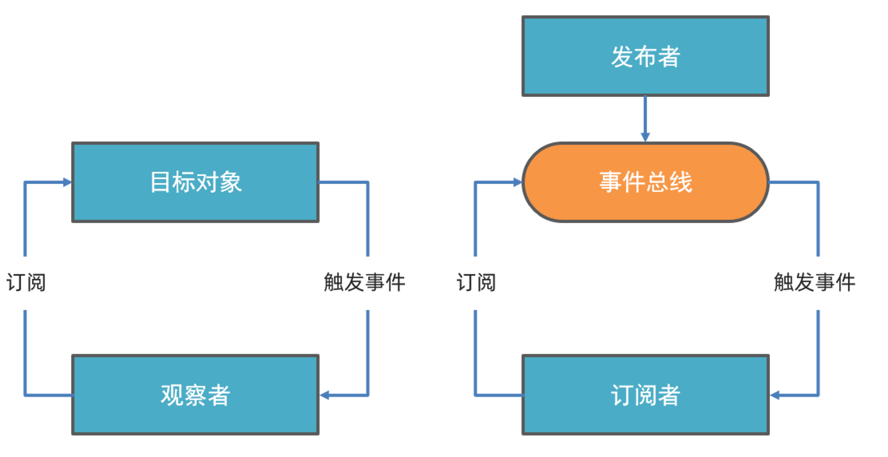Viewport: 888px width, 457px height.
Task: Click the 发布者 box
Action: coord(645,56)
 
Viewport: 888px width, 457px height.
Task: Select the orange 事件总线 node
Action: coord(645,182)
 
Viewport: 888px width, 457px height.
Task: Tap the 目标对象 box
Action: coord(195,182)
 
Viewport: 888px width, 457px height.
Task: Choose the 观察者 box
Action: coord(195,395)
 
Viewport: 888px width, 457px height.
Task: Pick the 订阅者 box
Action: coord(645,395)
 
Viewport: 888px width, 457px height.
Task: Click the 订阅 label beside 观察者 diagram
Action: coord(26,283)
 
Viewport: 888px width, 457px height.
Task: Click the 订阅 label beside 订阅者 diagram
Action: coord(476,283)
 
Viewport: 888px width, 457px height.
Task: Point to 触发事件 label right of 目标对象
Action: coord(364,283)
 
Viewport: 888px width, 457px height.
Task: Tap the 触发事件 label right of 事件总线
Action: coord(814,283)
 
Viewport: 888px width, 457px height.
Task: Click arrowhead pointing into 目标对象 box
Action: coord(67,182)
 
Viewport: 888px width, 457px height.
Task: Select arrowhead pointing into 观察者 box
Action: coord(324,395)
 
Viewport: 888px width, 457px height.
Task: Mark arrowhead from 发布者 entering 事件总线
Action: coord(645,137)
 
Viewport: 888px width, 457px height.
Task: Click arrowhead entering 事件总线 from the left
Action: coord(518,182)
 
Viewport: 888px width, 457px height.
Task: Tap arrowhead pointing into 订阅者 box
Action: coord(774,395)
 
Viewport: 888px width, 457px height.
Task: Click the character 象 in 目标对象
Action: coord(231,182)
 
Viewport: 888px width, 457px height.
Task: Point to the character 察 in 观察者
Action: coord(195,395)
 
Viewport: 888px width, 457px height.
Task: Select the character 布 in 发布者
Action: coord(645,56)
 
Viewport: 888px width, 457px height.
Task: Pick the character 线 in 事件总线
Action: coord(681,182)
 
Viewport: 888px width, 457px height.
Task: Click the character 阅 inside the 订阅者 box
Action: coord(645,395)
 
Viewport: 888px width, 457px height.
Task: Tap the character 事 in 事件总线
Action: coord(610,182)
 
